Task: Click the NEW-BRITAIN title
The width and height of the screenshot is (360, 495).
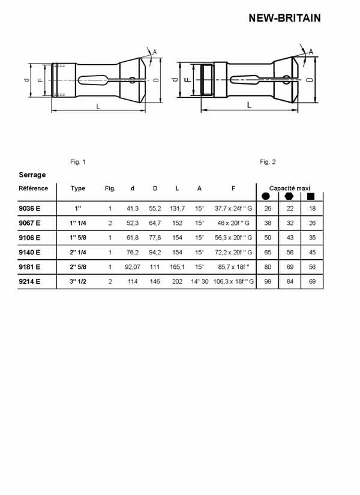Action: click(284, 19)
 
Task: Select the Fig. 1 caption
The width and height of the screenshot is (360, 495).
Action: click(78, 162)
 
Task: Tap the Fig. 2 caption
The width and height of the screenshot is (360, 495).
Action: click(268, 162)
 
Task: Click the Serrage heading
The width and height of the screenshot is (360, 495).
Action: click(32, 175)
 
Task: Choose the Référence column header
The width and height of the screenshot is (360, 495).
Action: click(34, 188)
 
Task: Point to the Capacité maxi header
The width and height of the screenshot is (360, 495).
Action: click(290, 188)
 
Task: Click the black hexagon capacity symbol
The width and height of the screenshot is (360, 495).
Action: click(289, 197)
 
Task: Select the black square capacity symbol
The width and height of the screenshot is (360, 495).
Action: click(311, 197)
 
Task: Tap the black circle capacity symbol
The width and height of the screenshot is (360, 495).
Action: click(266, 197)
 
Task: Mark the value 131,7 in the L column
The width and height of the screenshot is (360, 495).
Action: click(176, 208)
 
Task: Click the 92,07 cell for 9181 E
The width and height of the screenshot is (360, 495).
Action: click(132, 266)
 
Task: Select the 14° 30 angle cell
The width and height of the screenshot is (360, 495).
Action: click(199, 281)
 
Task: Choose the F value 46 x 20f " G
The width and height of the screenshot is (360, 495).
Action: click(233, 223)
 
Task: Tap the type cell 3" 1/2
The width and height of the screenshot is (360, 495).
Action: click(78, 281)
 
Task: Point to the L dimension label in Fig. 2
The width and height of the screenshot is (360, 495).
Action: click(249, 104)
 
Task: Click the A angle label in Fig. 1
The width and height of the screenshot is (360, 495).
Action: click(154, 52)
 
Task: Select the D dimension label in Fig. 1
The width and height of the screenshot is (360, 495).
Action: click(155, 80)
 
